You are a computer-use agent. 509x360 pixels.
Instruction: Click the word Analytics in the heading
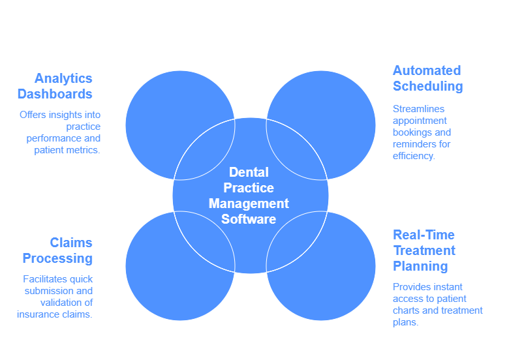click(x=64, y=79)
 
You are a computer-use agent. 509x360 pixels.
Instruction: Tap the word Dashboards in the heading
click(x=55, y=94)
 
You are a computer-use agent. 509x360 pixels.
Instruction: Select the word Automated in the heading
click(x=427, y=70)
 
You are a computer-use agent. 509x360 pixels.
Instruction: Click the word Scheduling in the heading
click(x=428, y=87)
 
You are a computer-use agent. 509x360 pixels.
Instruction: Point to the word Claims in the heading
click(x=71, y=243)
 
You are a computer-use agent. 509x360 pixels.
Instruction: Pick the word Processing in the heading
click(x=58, y=259)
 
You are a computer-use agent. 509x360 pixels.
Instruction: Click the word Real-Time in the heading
click(x=424, y=235)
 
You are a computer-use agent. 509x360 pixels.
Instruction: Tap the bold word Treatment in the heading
click(x=424, y=250)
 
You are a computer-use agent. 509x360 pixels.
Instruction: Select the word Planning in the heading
click(x=420, y=267)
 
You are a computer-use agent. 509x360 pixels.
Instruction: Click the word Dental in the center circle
click(x=249, y=172)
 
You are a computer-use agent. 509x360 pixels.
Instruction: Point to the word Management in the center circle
click(x=249, y=204)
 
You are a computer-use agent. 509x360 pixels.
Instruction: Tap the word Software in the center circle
click(x=249, y=219)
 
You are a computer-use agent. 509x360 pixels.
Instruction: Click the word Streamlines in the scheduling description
click(x=418, y=109)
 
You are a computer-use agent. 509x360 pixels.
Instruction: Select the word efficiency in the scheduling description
click(x=413, y=157)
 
